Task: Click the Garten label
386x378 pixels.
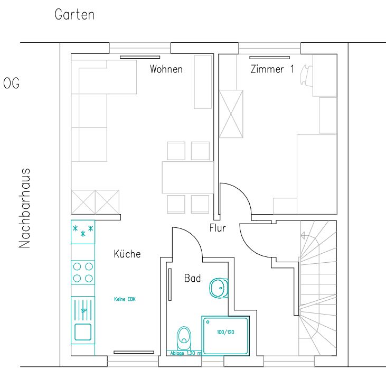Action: coord(74,15)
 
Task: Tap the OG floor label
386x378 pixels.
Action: coord(11,84)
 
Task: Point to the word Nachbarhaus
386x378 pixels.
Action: coord(24,208)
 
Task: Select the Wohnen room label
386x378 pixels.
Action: coord(166,69)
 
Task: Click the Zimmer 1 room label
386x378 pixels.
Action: coord(272,69)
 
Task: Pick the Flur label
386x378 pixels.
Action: coord(218,228)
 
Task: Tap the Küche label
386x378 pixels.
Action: coord(127,254)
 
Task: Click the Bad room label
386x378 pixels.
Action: coord(193,278)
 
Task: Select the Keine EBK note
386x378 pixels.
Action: coord(125,299)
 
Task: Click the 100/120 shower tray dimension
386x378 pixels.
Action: coord(225,332)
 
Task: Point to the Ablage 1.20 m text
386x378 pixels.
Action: coord(186,353)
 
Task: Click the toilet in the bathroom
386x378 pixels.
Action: coord(184,338)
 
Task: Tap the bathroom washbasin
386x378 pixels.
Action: coord(219,288)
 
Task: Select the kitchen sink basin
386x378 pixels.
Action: coord(83,332)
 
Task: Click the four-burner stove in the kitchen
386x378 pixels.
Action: coord(83,273)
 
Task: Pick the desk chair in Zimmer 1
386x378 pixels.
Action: coord(306,75)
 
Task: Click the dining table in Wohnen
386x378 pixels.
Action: coord(188,178)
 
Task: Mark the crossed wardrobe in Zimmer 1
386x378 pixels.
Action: coord(231,114)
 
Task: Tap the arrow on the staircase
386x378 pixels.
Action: coord(305,236)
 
